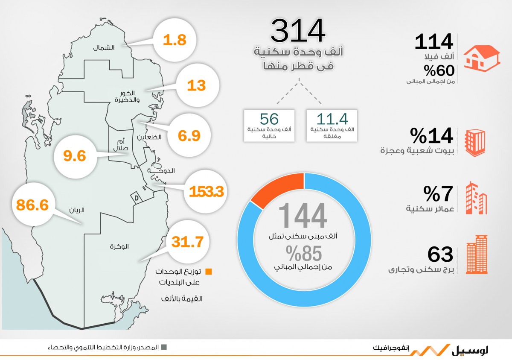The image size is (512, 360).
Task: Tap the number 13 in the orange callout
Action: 196,85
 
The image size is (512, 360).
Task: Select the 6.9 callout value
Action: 189,136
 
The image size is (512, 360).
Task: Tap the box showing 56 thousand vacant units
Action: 269,126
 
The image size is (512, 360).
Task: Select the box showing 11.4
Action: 331,126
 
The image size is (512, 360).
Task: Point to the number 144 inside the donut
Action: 303,216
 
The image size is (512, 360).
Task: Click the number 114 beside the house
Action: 434,42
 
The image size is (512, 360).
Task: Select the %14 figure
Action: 431,136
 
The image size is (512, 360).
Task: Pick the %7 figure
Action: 438,194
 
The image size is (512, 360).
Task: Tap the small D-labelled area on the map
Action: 136,198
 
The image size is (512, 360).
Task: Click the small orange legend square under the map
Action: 209,272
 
